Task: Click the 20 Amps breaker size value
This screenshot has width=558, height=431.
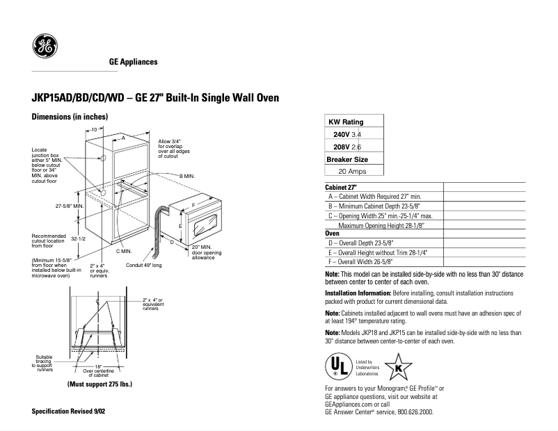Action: point(353,171)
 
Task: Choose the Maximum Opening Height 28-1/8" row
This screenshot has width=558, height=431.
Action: point(382,226)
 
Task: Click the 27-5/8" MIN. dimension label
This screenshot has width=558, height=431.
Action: point(69,207)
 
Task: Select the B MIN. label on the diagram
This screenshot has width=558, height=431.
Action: point(188,177)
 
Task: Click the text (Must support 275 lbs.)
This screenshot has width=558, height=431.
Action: point(99,384)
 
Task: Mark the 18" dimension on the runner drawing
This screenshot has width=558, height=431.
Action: point(98,366)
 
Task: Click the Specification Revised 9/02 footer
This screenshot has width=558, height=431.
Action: point(69,412)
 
